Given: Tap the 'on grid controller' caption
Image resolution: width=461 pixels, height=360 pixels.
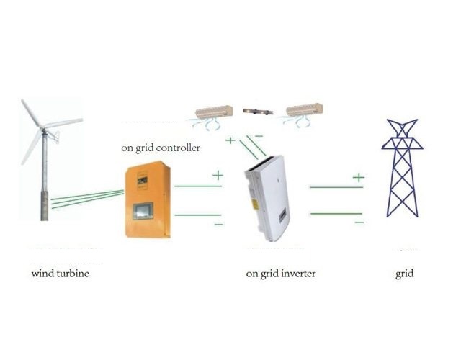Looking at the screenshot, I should (161, 149).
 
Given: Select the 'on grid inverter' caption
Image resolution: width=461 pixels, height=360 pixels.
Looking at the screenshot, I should (280, 274).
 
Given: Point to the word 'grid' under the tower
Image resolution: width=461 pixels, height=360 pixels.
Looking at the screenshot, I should (405, 274).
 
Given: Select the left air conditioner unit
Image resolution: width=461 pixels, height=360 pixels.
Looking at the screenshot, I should (214, 112).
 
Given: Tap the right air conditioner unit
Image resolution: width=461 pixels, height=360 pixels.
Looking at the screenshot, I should (303, 111).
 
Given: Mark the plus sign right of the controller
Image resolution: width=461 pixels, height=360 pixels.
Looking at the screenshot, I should (217, 174).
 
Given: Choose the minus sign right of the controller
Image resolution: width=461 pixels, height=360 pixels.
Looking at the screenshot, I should (218, 225).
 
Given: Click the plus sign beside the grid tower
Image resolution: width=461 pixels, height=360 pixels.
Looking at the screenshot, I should (358, 176).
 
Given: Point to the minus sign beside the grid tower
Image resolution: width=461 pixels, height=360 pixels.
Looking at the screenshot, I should (358, 222).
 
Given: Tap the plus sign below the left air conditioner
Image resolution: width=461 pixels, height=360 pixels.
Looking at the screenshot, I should (230, 140).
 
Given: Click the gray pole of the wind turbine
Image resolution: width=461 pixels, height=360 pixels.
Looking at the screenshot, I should (45, 180).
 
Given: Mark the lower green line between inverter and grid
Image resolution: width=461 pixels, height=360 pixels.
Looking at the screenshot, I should (335, 213).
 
